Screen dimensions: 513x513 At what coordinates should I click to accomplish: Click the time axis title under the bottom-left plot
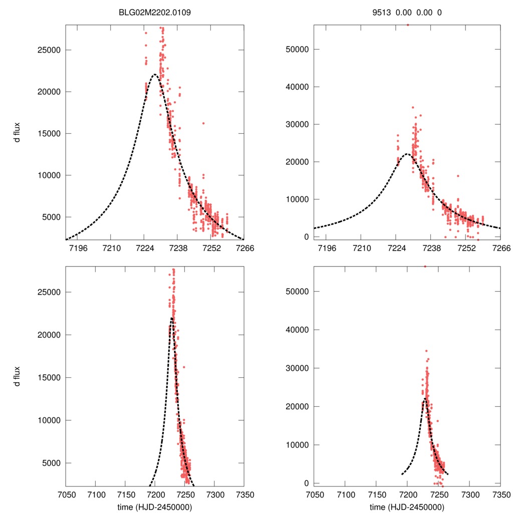[x=155, y=506]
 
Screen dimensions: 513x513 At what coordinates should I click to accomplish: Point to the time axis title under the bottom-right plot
[x=407, y=506]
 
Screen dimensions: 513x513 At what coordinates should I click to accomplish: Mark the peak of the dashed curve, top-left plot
[x=154, y=75]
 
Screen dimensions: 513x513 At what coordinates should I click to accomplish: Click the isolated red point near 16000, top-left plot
[x=203, y=123]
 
